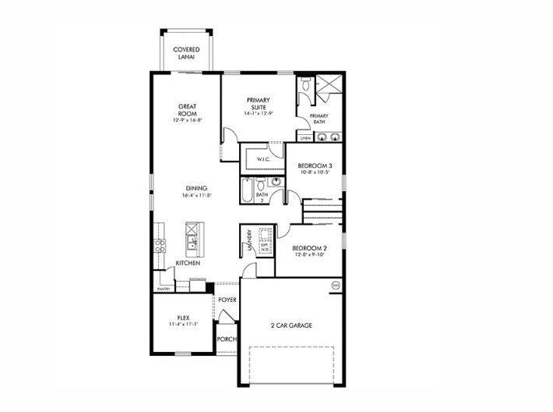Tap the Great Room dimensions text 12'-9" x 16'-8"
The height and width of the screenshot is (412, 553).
tap(187, 120)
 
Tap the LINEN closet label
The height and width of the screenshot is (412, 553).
tap(305, 138)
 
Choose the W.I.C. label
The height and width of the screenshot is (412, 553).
tap(263, 160)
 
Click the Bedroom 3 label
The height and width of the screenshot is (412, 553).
tap(315, 165)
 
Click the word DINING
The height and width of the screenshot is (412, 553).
tap(196, 187)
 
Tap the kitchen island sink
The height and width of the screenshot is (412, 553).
tap(191, 236)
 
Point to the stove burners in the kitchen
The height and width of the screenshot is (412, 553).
tap(160, 246)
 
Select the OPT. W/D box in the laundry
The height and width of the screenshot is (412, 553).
tap(264, 246)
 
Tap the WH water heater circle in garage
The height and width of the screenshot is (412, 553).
tap(336, 286)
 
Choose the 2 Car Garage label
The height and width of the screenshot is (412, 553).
tap(291, 325)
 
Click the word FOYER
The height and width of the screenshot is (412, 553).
tap(227, 300)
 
